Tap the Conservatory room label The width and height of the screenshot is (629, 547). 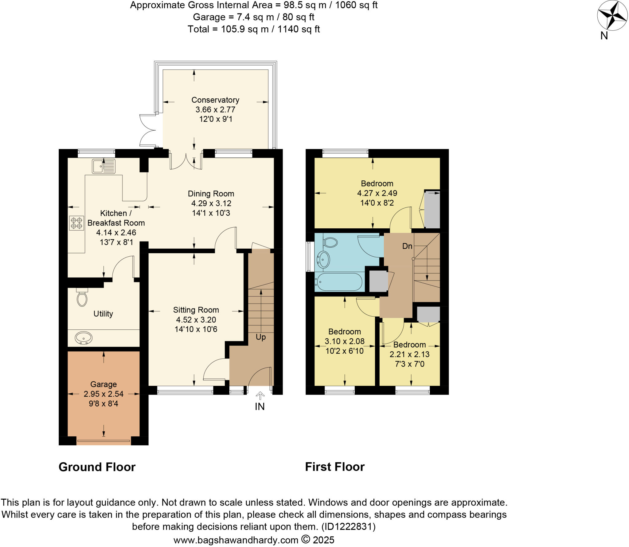point(215,100)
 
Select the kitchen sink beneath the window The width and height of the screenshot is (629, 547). point(104,166)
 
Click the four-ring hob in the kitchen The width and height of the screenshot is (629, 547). point(76,223)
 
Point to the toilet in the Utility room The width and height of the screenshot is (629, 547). point(82,298)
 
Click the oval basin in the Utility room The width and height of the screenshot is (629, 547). point(84,338)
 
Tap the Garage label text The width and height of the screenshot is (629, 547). point(104,384)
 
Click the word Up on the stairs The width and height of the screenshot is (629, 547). point(260,337)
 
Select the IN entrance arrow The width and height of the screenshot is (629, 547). point(260,396)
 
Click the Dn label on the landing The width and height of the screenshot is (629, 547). point(407,246)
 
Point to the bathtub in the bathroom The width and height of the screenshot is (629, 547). point(339,282)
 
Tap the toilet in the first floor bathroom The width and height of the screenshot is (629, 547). point(330,242)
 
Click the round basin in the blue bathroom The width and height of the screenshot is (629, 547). point(323,260)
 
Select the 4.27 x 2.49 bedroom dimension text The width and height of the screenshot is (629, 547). point(377,193)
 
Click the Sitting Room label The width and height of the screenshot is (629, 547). point(196,310)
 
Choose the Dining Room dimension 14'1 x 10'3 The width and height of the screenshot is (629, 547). point(211,213)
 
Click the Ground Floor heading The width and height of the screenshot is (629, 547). point(97,467)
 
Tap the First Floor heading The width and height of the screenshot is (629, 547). point(335,467)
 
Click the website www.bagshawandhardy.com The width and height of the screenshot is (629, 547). point(236,540)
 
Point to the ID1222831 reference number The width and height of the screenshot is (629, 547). point(348,527)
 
